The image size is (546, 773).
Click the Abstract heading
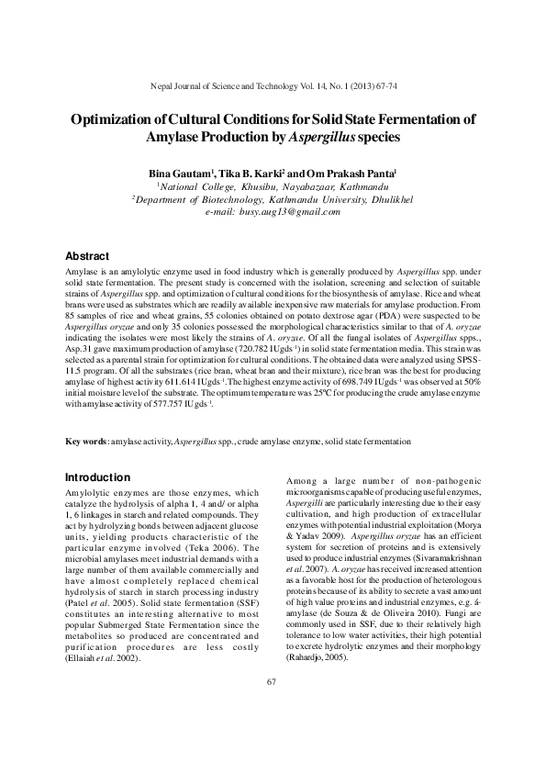[x=90, y=254]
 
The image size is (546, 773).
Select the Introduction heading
[x=97, y=477]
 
